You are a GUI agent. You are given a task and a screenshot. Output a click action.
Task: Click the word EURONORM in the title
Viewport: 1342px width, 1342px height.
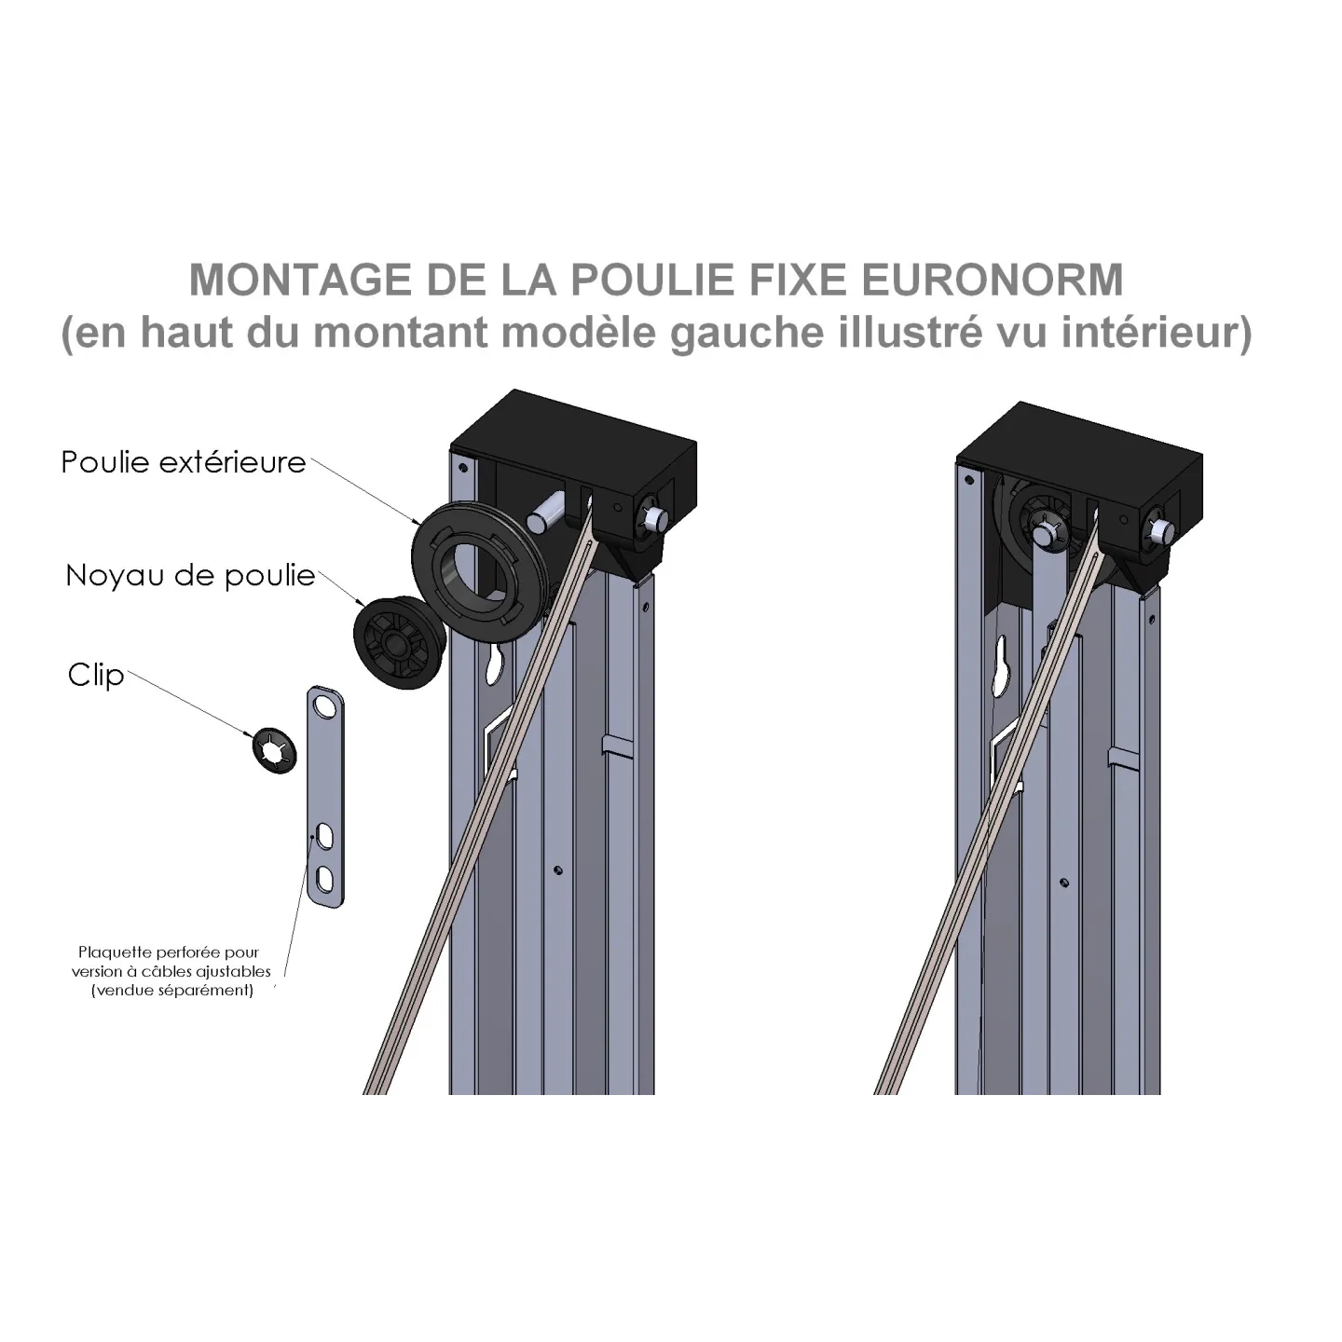tap(993, 280)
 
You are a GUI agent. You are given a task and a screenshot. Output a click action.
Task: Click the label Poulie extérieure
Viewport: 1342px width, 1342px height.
tap(184, 462)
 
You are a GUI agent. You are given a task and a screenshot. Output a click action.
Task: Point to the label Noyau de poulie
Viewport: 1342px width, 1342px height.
tap(190, 576)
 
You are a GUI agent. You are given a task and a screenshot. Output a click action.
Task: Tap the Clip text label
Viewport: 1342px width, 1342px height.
tap(96, 675)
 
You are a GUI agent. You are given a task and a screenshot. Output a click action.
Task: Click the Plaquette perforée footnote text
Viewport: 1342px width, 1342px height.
tap(171, 971)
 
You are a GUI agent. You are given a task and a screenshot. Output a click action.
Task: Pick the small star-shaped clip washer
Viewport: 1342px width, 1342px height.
tap(274, 751)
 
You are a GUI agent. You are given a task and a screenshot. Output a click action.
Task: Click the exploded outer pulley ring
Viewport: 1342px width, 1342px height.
tap(479, 568)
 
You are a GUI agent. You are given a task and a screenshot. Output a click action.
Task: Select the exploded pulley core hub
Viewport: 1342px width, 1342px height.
tap(399, 643)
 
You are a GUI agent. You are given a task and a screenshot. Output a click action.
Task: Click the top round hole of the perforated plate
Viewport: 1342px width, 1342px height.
tap(323, 706)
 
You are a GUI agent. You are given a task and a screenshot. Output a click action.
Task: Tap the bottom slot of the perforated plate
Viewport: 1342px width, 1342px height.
tap(325, 879)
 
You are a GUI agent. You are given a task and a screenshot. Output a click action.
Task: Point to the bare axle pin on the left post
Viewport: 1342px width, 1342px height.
tap(547, 513)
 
